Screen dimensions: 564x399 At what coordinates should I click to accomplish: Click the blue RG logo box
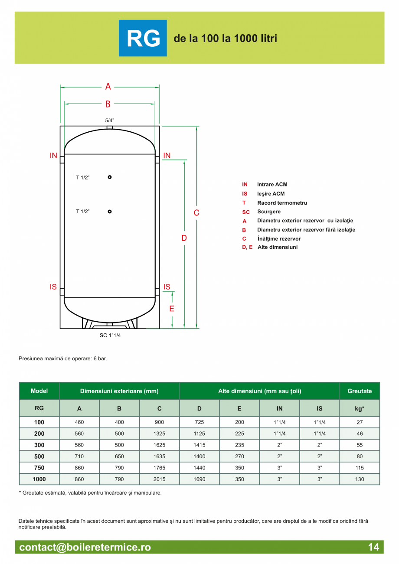coord(143,38)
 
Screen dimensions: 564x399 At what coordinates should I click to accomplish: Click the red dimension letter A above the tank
coord(108,87)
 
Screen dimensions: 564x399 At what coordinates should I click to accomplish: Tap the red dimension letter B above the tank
coord(108,104)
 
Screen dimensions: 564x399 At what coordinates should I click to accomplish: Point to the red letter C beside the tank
coord(196,213)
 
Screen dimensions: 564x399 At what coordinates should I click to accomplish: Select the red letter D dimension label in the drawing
coord(184,238)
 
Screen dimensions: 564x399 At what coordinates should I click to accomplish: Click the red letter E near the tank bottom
coord(172,309)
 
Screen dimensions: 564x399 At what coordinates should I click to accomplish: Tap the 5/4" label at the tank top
coord(110,120)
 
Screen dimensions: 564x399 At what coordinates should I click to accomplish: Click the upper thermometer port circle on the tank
coord(110,177)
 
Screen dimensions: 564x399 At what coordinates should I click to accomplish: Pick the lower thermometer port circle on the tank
coord(110,212)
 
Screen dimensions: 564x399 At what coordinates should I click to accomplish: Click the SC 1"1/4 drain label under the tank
coord(110,335)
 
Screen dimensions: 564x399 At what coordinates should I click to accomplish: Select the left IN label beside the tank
coord(53,156)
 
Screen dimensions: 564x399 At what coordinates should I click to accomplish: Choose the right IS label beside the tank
coord(167,287)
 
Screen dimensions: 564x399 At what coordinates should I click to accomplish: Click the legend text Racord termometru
coord(282,203)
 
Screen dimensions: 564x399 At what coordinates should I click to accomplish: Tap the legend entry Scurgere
coord(269,212)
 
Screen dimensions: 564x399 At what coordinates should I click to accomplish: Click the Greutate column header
coord(360,391)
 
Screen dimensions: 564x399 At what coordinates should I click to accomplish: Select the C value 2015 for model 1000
coord(160,479)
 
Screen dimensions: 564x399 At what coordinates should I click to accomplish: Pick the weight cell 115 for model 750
coord(360,468)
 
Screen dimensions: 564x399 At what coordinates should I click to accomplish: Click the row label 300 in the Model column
coord(39,445)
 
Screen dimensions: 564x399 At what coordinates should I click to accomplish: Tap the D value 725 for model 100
coord(199,422)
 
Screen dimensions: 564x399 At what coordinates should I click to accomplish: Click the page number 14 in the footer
coord(373,547)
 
